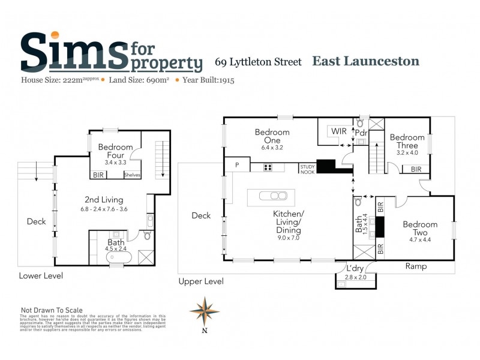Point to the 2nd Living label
click(104, 200)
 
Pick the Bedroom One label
click(272, 136)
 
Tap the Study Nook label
click(308, 169)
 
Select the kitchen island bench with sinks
click(271, 196)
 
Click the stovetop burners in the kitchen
click(267, 168)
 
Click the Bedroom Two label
click(420, 228)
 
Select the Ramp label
click(416, 266)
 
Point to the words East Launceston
click(365, 61)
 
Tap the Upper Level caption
click(202, 281)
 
